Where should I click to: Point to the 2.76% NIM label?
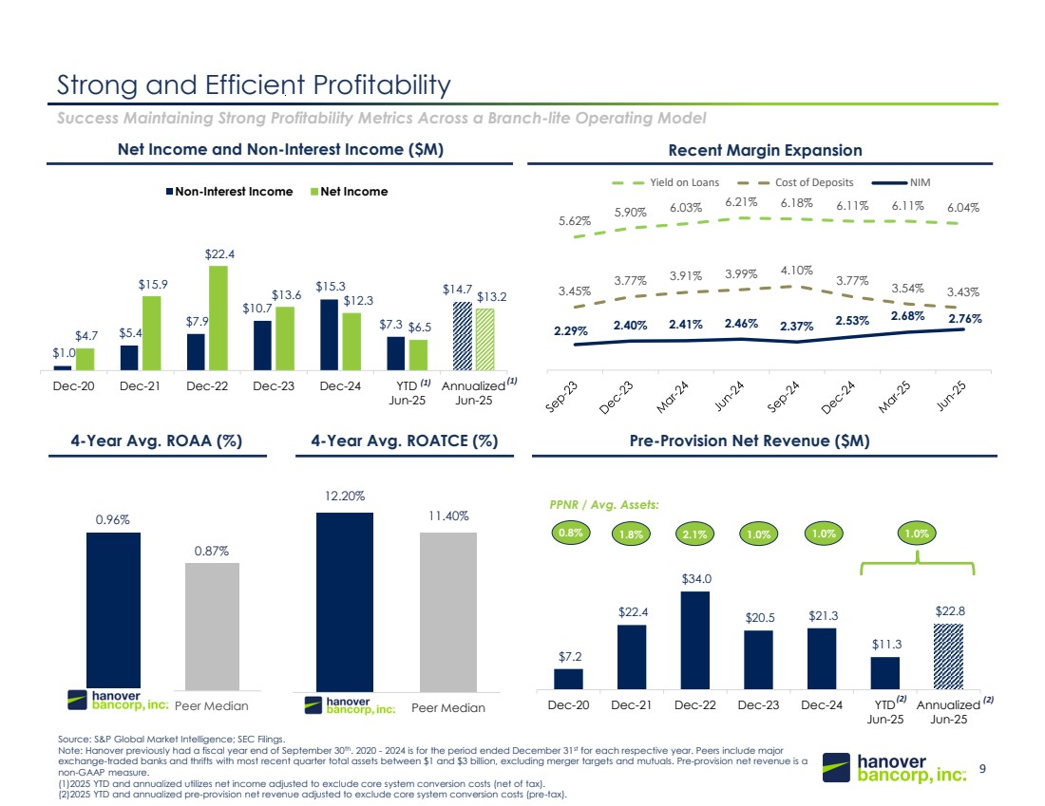tap(963, 319)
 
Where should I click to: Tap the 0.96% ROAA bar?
tap(113, 610)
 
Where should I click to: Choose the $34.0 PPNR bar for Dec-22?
tap(695, 641)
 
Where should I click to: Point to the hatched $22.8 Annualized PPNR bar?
tap(948, 656)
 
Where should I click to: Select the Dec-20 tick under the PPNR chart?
tap(569, 705)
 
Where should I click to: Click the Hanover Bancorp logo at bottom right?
tap(896, 768)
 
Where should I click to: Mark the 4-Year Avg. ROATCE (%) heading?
tap(404, 440)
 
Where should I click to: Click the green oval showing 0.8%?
tap(570, 534)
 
